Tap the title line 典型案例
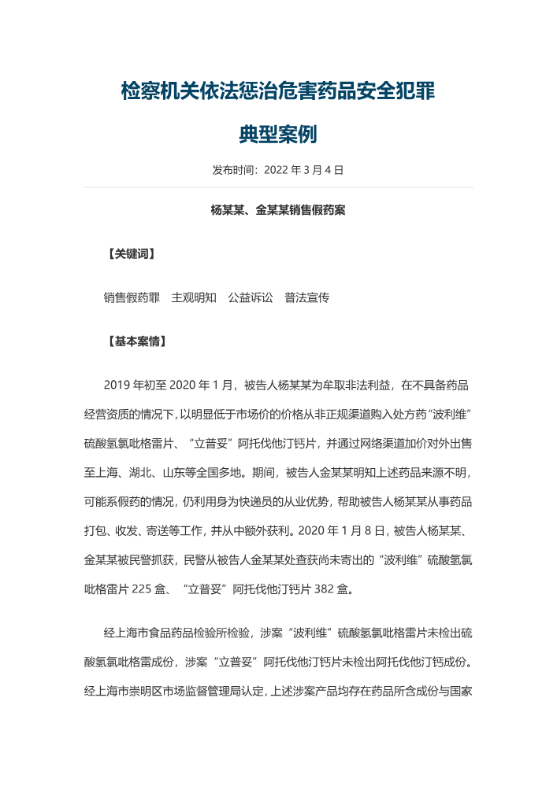click(278, 135)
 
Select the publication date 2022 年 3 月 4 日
click(304, 170)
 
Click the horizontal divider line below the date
click(278, 187)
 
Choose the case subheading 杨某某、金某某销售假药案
click(278, 210)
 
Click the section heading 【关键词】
click(131, 254)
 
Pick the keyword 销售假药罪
click(132, 298)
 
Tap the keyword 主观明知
click(194, 298)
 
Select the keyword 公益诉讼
click(251, 298)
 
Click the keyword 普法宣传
click(307, 298)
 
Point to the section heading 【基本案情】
click(136, 342)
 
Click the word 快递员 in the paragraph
click(247, 501)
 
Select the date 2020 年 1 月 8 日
click(347, 530)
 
